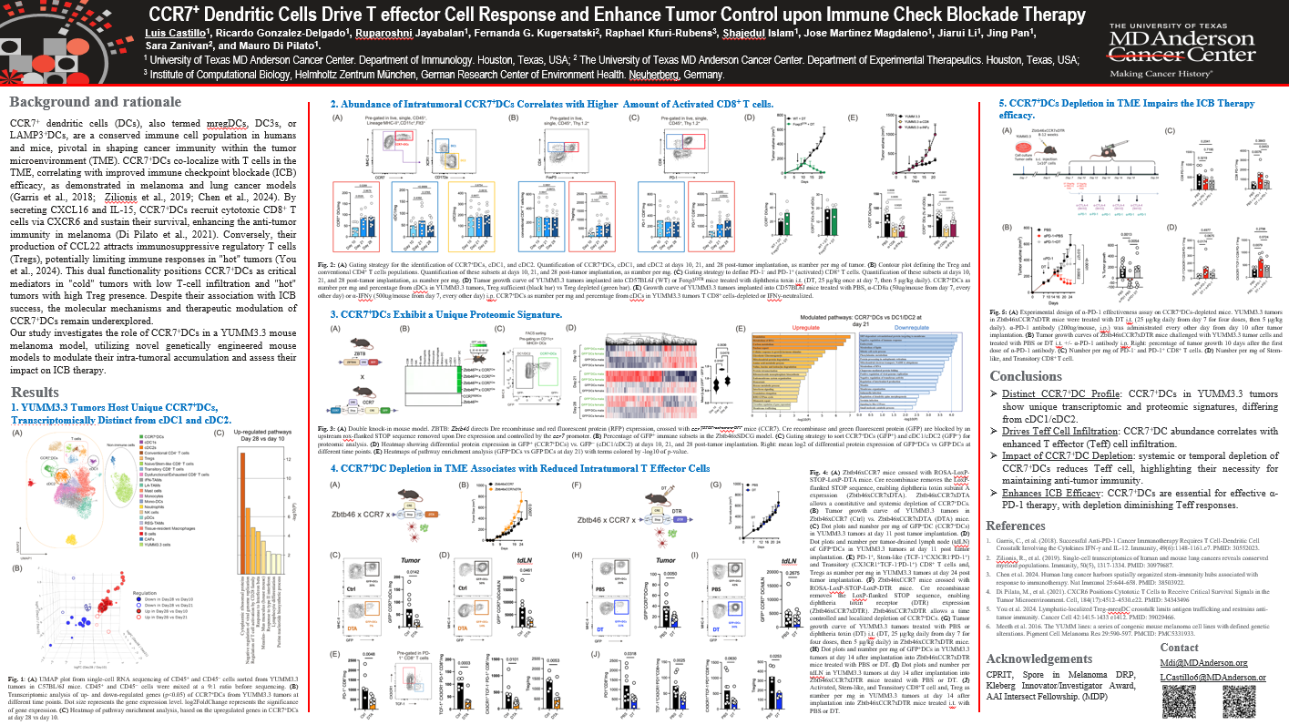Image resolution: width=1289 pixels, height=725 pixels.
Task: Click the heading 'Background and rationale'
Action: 95,101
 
